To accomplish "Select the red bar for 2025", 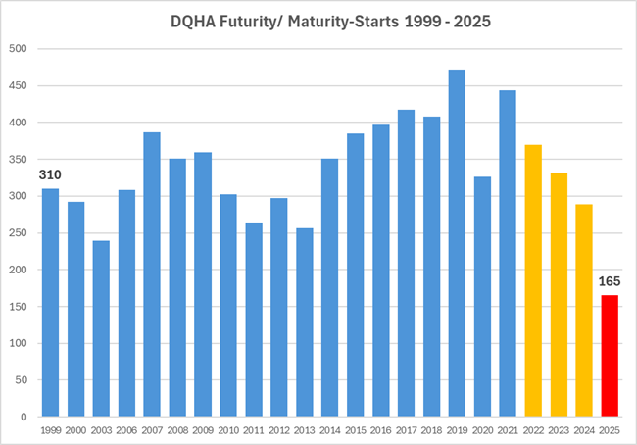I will click(x=611, y=356).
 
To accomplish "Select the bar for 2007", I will click(x=152, y=274).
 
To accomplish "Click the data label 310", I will click(x=50, y=175).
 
